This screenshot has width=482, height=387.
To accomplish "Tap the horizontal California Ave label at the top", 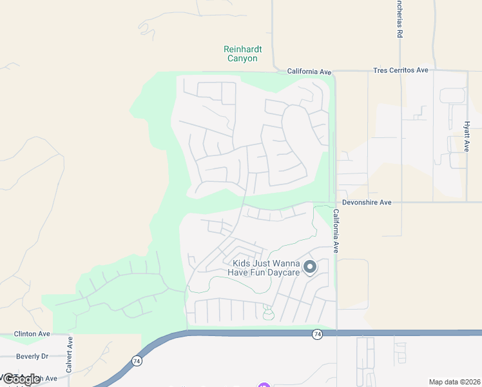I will coord(309,71).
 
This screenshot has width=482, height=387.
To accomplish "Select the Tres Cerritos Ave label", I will coord(401,70).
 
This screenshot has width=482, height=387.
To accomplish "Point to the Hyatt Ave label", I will coord(467,137).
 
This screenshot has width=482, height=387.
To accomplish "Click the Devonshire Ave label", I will coord(367,203).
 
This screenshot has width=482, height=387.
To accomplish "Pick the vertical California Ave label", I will coord(336,230).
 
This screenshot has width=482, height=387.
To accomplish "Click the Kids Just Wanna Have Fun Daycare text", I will coord(264,268).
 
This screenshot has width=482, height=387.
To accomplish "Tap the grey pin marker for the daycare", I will coord(310,267).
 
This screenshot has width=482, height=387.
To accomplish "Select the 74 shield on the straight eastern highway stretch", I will coord(317,334).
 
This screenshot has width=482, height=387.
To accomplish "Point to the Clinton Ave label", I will coord(32,334).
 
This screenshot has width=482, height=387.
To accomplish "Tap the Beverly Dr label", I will coord(32,356).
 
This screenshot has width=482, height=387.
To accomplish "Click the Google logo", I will coord(21,379).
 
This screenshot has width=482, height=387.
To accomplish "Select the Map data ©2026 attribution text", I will coord(454,382).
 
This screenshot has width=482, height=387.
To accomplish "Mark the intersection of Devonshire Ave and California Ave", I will coord(335,203).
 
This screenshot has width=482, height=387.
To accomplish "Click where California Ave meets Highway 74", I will coord(336,333).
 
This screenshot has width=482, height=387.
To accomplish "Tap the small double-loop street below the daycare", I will coord(268,312).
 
